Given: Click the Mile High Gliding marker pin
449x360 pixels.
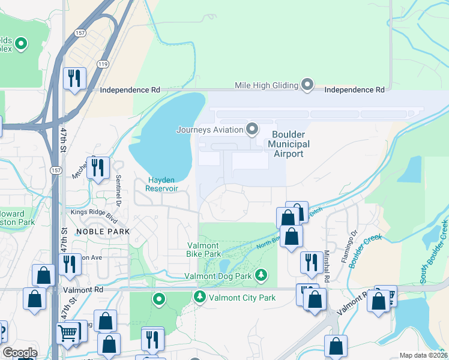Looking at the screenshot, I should pos(307,85).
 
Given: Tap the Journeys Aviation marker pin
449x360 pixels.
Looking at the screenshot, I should pos(252,129).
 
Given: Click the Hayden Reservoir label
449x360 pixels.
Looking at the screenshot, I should pos(162,184).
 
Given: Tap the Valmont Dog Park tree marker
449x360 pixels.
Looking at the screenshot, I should pos(261,275).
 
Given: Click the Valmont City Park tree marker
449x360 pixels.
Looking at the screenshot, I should pos(199,297).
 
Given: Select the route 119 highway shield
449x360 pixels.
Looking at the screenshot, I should pos(104,62).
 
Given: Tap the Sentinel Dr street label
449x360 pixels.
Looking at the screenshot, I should pos(119,188).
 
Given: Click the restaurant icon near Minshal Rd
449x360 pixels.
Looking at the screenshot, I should pos(310,261).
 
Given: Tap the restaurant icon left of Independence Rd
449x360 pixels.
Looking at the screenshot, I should pos(74,78).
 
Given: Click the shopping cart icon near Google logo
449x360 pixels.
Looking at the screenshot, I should pos(67,331).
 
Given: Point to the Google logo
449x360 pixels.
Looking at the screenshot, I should pos(20,353).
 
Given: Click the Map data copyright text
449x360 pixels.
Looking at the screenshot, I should pos(424,355).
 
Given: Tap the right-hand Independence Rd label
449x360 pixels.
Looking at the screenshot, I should pos(354,89).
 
